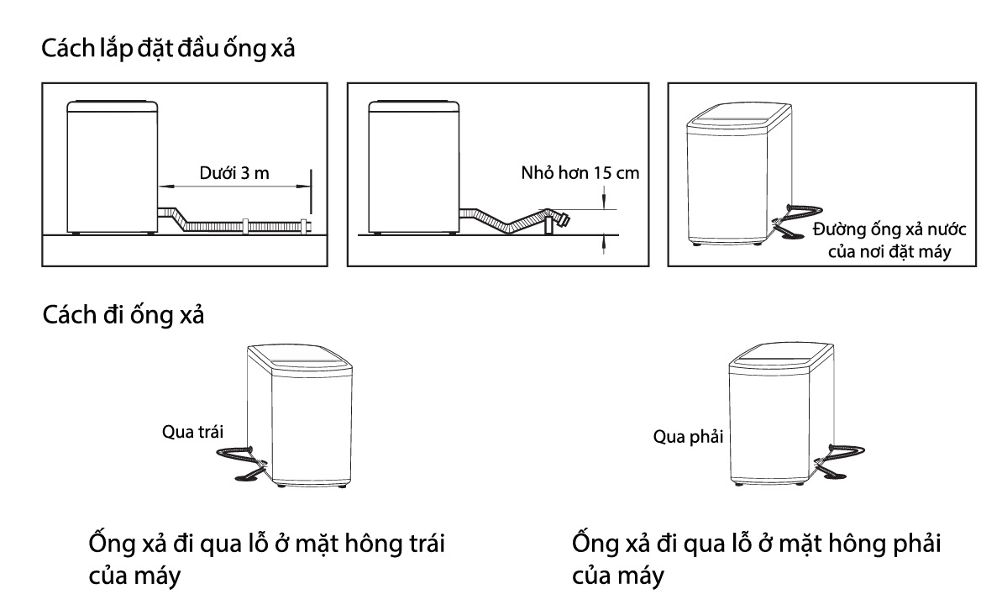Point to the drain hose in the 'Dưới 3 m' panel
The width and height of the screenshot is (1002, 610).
tap(244, 225)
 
